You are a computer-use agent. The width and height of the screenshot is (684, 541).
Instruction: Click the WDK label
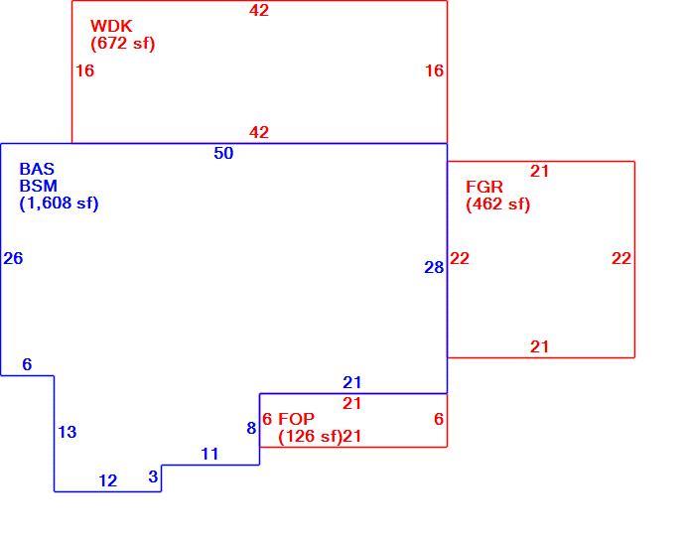click(111, 26)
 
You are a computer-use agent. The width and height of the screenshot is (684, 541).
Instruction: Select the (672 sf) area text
click(122, 44)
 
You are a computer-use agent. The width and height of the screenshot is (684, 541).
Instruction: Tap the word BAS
click(37, 169)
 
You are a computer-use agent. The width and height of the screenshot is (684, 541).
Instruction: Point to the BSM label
click(39, 186)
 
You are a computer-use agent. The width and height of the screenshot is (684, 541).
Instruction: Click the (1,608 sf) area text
click(59, 203)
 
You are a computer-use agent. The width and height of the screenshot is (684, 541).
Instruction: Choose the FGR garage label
click(484, 187)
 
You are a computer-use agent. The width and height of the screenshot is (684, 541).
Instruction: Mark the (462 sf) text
click(497, 204)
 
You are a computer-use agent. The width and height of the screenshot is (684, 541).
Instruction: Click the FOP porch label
click(296, 419)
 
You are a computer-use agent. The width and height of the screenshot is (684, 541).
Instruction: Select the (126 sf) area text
click(310, 437)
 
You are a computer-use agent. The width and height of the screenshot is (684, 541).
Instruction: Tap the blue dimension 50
click(223, 153)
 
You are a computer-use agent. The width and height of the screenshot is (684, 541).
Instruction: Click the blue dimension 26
click(13, 258)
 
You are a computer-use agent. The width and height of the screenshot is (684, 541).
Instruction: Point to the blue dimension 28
click(434, 267)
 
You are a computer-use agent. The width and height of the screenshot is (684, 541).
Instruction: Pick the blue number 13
click(68, 433)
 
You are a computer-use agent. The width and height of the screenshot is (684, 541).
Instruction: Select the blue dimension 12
click(108, 480)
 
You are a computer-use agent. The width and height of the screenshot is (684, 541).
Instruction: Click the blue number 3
click(153, 476)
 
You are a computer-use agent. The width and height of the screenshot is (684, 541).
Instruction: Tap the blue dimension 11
click(209, 455)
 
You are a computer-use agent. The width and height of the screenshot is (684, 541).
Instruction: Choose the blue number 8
click(251, 428)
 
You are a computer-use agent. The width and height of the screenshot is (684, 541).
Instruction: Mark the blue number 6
click(27, 364)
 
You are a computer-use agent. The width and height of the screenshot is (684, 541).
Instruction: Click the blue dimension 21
click(352, 382)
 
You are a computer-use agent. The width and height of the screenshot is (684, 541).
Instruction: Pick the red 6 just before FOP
click(267, 419)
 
